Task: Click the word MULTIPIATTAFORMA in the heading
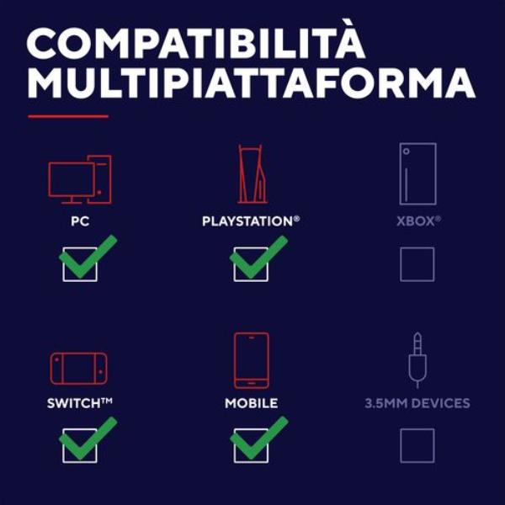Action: pyautogui.click(x=251, y=82)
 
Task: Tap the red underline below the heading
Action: pyautogui.click(x=68, y=116)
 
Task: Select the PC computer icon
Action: pyautogui.click(x=80, y=179)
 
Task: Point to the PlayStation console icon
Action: pyautogui.click(x=252, y=174)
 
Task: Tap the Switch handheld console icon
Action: pyautogui.click(x=79, y=369)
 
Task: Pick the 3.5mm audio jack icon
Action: pyautogui.click(x=417, y=360)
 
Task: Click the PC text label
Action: pyautogui.click(x=80, y=221)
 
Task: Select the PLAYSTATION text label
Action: pyautogui.click(x=251, y=221)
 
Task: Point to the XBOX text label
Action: pyautogui.click(x=418, y=221)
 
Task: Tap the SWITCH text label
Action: pyautogui.click(x=80, y=403)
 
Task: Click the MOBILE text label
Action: pyautogui.click(x=251, y=403)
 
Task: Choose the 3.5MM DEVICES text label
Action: pyautogui.click(x=417, y=403)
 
